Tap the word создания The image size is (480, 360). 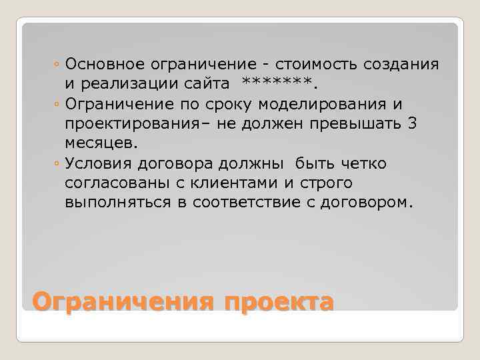coord(401,65)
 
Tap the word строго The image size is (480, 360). coord(329,183)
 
